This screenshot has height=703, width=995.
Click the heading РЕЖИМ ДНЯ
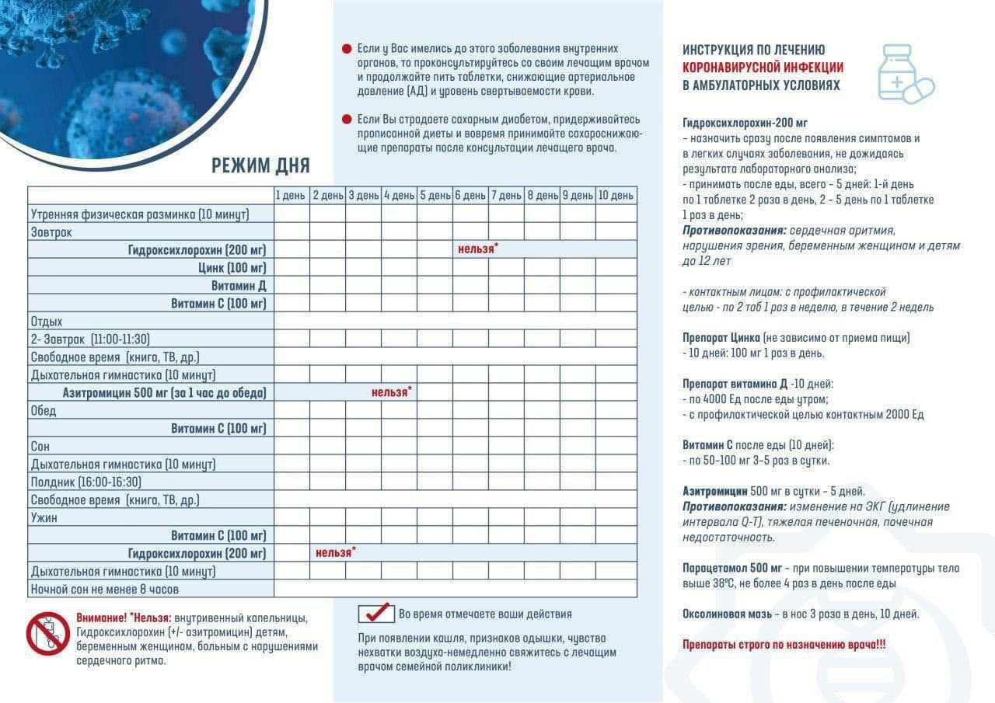260,165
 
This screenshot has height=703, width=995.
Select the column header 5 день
435,196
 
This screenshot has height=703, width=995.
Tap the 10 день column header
616,196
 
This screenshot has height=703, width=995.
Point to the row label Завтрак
51,231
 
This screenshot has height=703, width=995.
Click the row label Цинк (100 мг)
232,267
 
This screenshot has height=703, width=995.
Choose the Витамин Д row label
239,285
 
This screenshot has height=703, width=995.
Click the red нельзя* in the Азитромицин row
391,392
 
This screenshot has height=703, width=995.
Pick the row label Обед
44,410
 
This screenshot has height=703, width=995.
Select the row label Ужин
44,517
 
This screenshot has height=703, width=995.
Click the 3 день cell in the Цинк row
363,267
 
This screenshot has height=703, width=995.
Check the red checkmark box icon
376,613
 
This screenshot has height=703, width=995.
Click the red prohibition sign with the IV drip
48,633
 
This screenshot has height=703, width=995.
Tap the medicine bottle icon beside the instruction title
904,73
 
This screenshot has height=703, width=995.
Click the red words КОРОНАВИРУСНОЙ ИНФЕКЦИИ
762,68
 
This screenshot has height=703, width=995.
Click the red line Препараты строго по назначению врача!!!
784,645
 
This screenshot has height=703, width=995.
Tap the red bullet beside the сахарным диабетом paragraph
347,120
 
